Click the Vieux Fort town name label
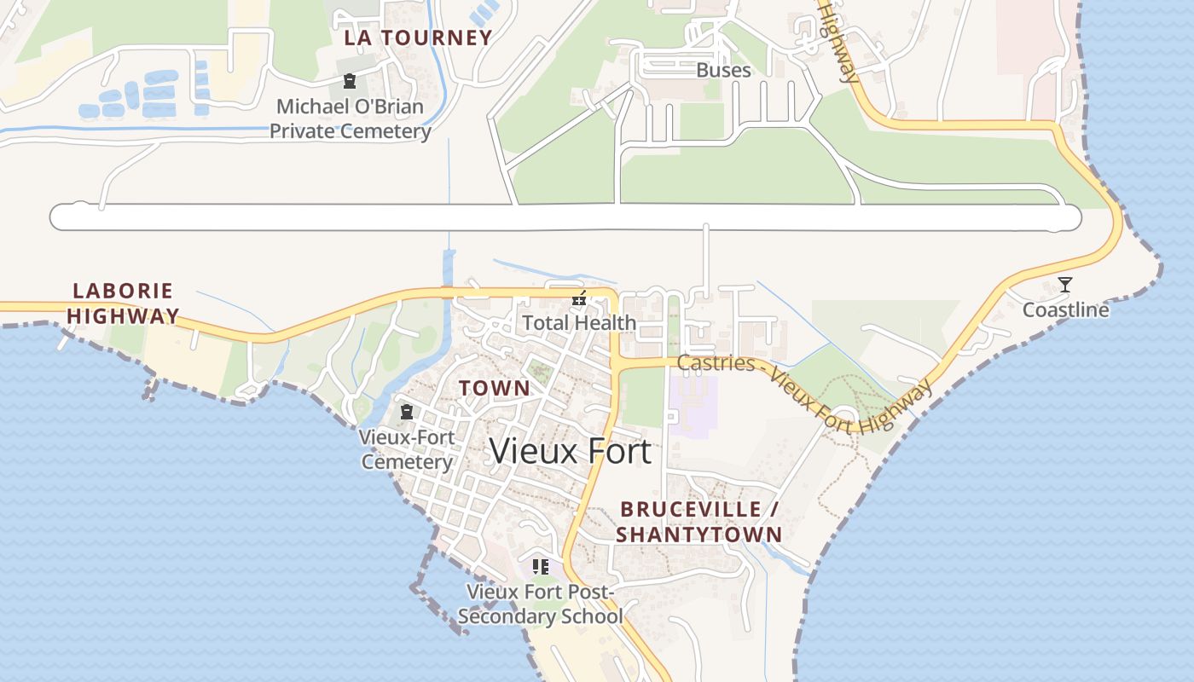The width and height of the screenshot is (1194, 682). click(x=570, y=451)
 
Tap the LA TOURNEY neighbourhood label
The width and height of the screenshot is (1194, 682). click(x=418, y=38)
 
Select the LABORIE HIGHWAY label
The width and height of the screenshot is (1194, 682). click(x=124, y=303)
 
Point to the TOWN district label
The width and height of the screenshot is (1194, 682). click(x=495, y=388)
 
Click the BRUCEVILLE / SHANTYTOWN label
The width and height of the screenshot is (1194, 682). click(x=699, y=522)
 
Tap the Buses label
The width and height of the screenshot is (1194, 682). click(x=723, y=70)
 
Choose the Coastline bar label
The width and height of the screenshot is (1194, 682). click(x=1065, y=309)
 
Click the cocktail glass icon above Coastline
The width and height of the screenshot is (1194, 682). click(x=1065, y=285)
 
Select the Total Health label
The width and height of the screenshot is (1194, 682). click(x=579, y=323)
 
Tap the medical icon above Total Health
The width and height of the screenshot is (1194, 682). click(x=579, y=298)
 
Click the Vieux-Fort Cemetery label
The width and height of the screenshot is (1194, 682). click(x=407, y=449)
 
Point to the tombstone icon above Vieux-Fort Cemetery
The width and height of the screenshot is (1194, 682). click(x=407, y=413)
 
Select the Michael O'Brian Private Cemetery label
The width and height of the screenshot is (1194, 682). click(x=350, y=119)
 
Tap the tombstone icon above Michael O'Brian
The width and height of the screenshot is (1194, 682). click(x=349, y=82)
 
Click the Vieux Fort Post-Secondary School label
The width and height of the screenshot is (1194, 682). click(x=541, y=604)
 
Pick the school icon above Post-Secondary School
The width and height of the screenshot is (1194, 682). click(x=540, y=567)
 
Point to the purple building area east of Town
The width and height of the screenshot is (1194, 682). click(x=693, y=406)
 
